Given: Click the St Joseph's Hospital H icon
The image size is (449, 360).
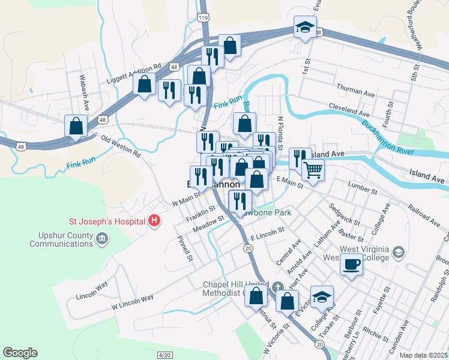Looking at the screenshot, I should click(x=155, y=221).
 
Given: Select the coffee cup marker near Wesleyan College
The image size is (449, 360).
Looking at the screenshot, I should click(x=352, y=264).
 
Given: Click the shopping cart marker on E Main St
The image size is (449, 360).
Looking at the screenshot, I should click(x=313, y=170).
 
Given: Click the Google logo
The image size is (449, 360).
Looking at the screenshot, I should click(x=20, y=353).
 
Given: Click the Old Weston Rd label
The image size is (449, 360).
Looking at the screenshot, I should click(x=121, y=146).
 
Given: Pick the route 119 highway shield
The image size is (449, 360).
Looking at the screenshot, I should click(x=204, y=19).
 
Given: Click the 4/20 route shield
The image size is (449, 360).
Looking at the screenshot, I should click(x=164, y=355).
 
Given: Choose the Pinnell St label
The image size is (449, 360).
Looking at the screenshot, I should click(x=184, y=248).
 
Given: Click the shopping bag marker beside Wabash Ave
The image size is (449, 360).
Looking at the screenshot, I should click(x=76, y=127).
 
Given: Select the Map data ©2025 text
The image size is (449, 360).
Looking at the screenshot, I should click(x=424, y=355).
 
